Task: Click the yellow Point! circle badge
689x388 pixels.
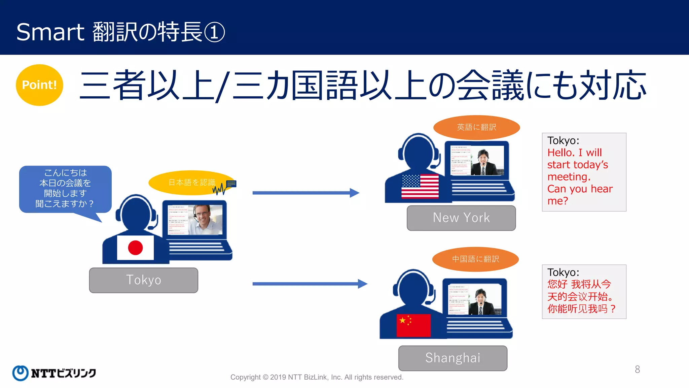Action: point(39,85)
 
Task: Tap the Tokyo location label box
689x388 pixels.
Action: point(144,280)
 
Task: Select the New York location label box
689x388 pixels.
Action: point(461,218)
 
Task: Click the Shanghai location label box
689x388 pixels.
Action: point(453,358)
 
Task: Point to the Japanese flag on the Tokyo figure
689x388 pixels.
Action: point(135,248)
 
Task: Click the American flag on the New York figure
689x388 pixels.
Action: point(420,186)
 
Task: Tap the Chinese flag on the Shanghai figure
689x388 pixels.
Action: point(413,325)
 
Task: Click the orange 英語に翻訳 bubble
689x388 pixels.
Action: point(476,127)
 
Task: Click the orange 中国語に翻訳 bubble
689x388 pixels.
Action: point(475,259)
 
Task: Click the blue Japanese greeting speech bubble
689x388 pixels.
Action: point(65,189)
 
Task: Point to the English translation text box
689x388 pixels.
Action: point(584,172)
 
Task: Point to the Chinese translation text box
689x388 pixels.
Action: point(584,292)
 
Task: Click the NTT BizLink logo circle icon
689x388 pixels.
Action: point(20,373)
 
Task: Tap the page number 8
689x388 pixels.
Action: point(637,369)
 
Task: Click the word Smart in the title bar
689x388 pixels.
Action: point(50,32)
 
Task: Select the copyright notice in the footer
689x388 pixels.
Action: point(317,377)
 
